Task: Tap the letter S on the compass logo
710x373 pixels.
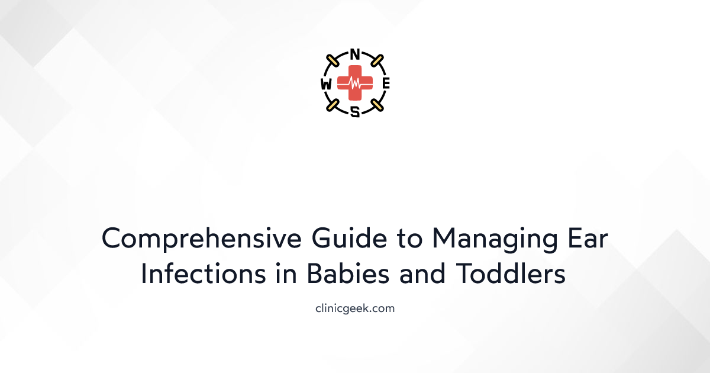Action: pyautogui.click(x=355, y=112)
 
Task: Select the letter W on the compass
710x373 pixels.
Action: pyautogui.click(x=326, y=84)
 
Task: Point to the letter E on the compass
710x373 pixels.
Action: pyautogui.click(x=386, y=84)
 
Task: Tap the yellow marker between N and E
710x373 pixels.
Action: pyautogui.click(x=377, y=61)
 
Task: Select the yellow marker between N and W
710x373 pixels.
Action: pyautogui.click(x=333, y=61)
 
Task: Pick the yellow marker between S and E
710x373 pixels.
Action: pyautogui.click(x=377, y=106)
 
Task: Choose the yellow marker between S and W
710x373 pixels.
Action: pyautogui.click(x=333, y=106)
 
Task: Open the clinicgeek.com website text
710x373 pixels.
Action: pyautogui.click(x=355, y=308)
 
